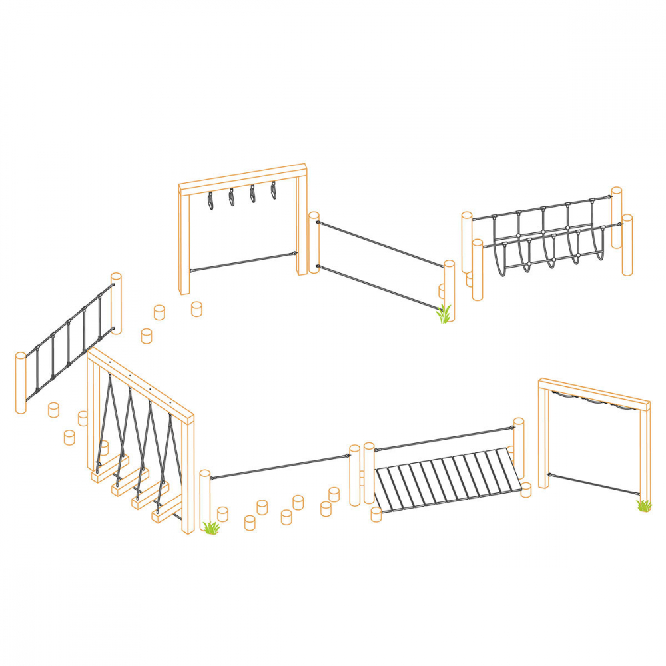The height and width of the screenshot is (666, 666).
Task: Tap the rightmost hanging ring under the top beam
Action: (x=274, y=191)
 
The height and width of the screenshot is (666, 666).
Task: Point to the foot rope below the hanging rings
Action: (x=243, y=262)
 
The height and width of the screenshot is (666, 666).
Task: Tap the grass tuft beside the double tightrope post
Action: (x=444, y=314)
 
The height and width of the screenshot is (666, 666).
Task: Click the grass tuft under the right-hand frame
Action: (x=643, y=506)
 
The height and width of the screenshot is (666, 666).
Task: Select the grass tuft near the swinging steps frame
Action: (x=211, y=528)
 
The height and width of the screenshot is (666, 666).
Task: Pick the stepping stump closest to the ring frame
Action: (x=196, y=309)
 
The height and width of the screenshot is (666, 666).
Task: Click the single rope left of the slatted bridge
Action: (x=280, y=466)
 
